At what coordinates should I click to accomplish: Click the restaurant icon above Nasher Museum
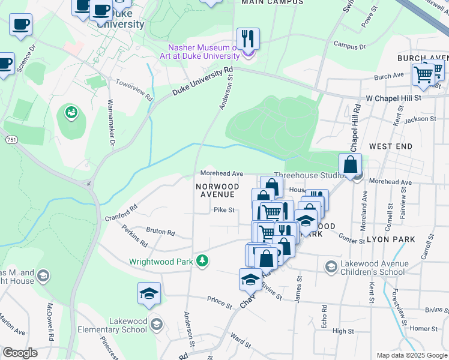[x=248, y=38]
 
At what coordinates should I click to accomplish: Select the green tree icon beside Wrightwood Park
[x=203, y=260]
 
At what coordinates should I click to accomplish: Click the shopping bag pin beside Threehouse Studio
[x=350, y=164]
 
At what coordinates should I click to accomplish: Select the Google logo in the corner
[x=20, y=353]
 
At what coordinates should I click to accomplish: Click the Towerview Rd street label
[x=134, y=90]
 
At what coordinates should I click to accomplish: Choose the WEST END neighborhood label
[x=391, y=146]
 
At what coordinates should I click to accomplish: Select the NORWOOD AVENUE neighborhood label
[x=217, y=190]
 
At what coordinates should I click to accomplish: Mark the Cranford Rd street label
[x=121, y=212]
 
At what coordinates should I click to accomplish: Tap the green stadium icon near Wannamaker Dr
[x=71, y=112]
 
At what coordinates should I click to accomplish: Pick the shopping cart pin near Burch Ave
[x=423, y=75]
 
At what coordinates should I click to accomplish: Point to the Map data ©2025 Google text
[x=412, y=355]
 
